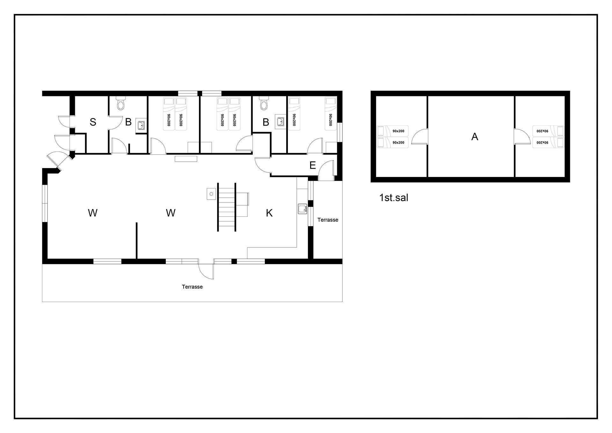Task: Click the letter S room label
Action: [x=93, y=122]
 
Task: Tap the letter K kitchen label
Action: [x=269, y=213]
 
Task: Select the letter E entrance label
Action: [x=312, y=165]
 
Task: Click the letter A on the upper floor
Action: [x=475, y=136]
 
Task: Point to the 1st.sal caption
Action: [x=394, y=198]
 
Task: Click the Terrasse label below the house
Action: [x=192, y=287]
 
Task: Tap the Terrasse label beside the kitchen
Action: [x=328, y=220]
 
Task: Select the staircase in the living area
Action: [x=227, y=207]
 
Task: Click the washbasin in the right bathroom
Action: [x=280, y=122]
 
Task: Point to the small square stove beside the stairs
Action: [x=211, y=194]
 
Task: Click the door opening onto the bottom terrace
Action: [x=206, y=271]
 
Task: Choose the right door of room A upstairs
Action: [x=522, y=136]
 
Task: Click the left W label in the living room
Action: [x=92, y=213]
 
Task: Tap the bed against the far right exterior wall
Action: [x=331, y=114]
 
